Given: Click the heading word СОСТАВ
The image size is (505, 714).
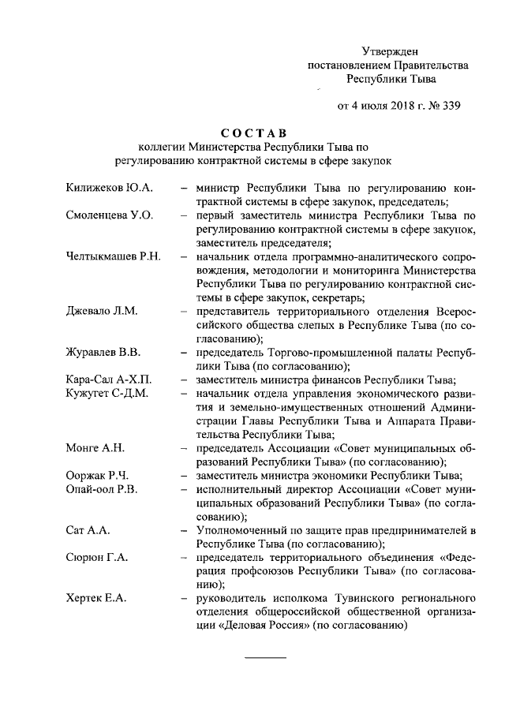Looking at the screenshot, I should pos(253,131).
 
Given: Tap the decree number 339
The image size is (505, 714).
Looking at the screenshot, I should pos(450,104).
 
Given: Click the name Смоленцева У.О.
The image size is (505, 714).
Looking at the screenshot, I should pos(109,215).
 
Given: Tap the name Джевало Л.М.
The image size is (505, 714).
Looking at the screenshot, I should pos(102,311).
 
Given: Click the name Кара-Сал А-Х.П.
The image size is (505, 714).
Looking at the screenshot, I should pos(108,379).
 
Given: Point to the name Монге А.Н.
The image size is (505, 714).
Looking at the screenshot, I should pos(95,448).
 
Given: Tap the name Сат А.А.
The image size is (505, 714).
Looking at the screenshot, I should pos(87,530).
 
